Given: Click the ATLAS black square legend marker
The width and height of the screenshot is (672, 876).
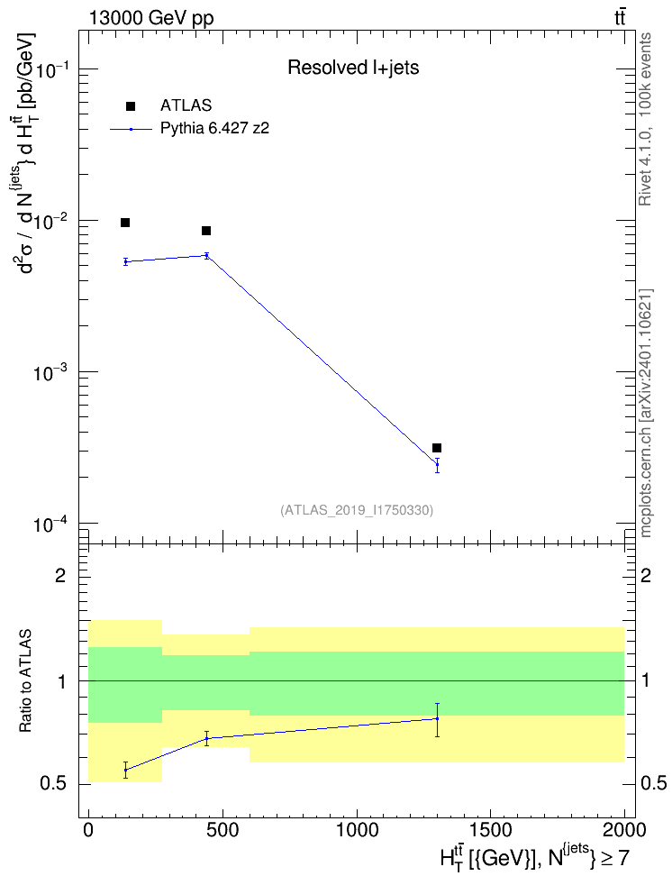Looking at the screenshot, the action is pos(130,106).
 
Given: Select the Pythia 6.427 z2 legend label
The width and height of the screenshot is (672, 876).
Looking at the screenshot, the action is pos(214,129).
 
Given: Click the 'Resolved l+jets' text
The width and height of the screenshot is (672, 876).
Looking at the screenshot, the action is pos(353,68).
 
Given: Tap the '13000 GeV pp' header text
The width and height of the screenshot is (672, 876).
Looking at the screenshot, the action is pos(151,19).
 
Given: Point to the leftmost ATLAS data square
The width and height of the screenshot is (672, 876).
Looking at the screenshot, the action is pos(125,223).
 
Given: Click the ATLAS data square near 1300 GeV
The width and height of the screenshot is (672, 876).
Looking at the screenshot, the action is pos(437,448).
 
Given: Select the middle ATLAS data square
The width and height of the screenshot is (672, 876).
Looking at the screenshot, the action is pos(206,231).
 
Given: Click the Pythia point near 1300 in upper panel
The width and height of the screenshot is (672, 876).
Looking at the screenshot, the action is pos(437,464).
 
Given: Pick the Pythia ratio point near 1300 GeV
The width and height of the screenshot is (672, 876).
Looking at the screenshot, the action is pos(437,718).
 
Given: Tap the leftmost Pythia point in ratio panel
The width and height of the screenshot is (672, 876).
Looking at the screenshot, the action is pos(126,770).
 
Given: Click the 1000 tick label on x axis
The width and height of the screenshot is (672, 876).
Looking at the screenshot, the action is pos(357,830).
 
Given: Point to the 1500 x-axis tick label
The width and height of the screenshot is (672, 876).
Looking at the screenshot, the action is pos(490,830).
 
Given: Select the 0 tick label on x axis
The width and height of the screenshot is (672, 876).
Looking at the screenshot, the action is pos(88,830).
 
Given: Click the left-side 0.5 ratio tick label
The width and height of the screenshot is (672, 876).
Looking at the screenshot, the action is pos(53,784).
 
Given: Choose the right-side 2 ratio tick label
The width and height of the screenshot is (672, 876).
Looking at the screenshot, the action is pos(646,575).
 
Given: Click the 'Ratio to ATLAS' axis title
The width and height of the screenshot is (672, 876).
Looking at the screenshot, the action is pos(26,681).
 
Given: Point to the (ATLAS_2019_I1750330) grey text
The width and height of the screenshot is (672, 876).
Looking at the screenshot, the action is pos(357,510).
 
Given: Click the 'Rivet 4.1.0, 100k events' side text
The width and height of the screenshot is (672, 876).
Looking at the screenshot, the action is pos(645,119).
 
